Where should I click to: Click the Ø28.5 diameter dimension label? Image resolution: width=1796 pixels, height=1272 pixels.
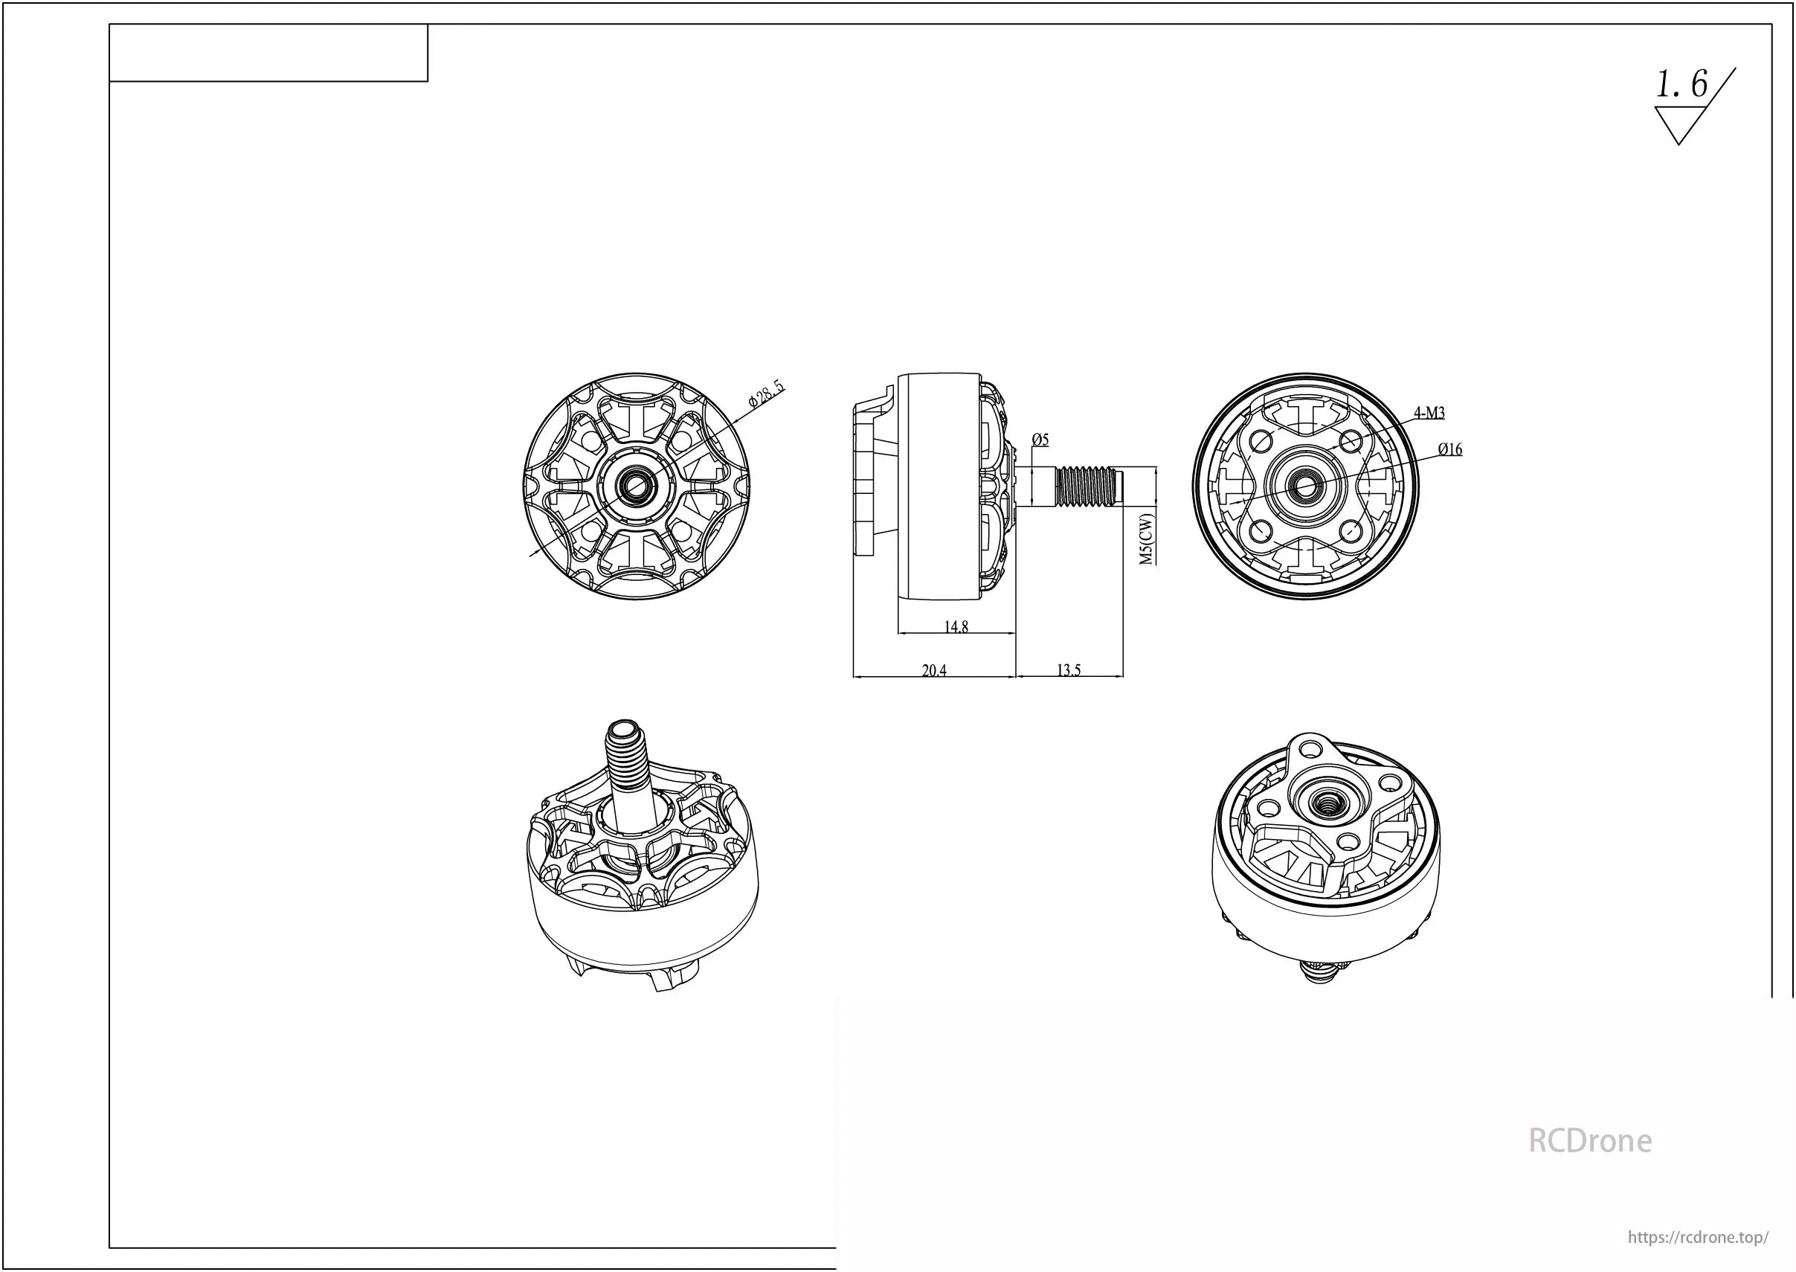[766, 395]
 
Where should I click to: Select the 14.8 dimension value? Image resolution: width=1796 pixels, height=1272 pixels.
[956, 626]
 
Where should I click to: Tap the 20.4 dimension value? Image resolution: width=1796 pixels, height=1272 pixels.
[934, 670]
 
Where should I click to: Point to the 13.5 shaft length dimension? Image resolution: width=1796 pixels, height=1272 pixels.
[1069, 670]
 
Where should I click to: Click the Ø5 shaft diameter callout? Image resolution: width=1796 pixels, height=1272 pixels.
[1040, 440]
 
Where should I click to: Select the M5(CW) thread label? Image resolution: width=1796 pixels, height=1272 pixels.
[1146, 539]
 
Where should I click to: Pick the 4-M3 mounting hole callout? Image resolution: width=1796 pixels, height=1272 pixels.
[1429, 413]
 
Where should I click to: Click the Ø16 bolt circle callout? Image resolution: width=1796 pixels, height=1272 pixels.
[1450, 449]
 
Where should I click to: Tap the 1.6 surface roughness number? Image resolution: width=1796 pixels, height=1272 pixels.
[1681, 85]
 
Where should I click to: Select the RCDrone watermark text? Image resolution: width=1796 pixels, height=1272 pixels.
[1589, 1141]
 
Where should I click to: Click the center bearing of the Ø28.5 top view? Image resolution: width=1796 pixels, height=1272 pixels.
[636, 486]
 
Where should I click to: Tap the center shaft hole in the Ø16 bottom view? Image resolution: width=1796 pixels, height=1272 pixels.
[1305, 486]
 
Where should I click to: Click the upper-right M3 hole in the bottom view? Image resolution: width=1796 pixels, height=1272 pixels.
[1351, 442]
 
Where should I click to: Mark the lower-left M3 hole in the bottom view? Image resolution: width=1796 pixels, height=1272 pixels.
[1260, 532]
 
